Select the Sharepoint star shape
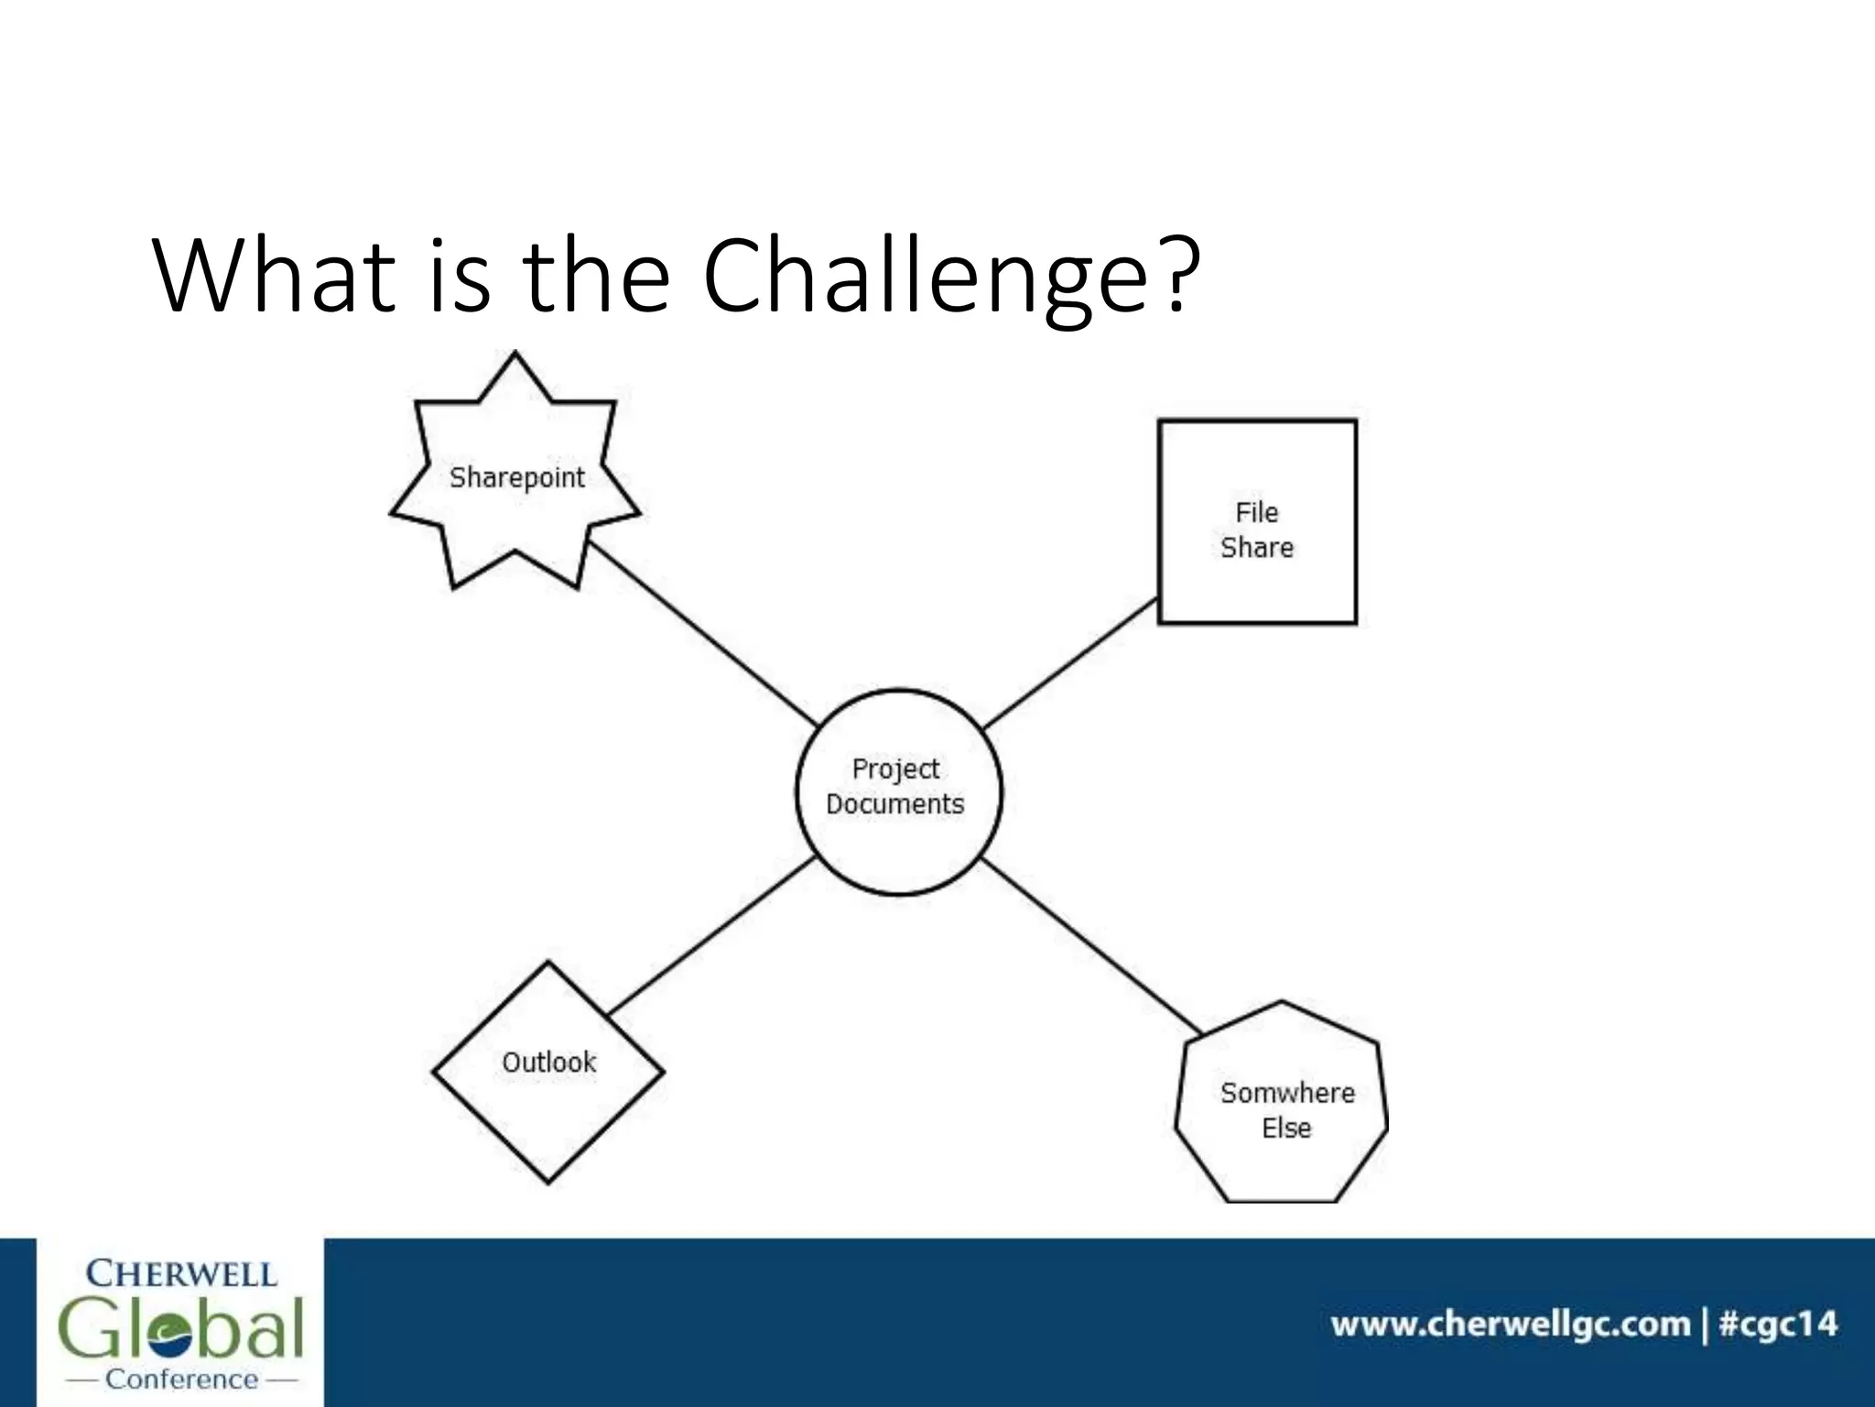pyautogui.click(x=515, y=476)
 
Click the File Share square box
pyautogui.click(x=1256, y=522)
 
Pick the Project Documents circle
pyautogui.click(x=898, y=791)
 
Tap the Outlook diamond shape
pyautogui.click(x=548, y=1072)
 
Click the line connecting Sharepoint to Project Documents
pyautogui.click(x=701, y=633)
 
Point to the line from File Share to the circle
pyautogui.click(x=1069, y=663)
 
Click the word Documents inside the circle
pyautogui.click(x=895, y=804)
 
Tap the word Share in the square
pyautogui.click(x=1257, y=548)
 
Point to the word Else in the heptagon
pyautogui.click(x=1286, y=1129)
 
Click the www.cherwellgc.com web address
pyautogui.click(x=1510, y=1325)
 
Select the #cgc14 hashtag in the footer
pyautogui.click(x=1778, y=1325)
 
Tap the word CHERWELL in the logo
pyautogui.click(x=180, y=1273)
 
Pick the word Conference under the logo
pyautogui.click(x=181, y=1379)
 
